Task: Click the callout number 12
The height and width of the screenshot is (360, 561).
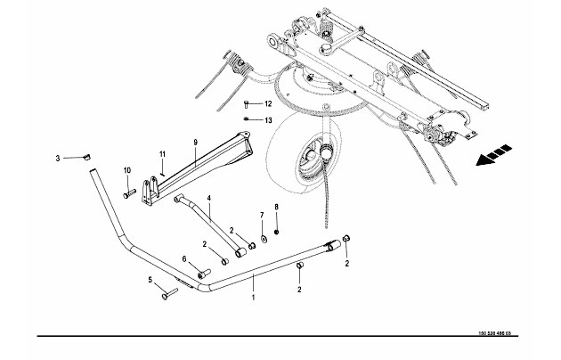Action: [x=268, y=103]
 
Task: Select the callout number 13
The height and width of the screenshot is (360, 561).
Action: [x=268, y=120]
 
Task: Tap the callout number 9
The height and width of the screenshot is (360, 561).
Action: [x=195, y=143]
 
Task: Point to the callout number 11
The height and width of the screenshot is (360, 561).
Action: [x=162, y=154]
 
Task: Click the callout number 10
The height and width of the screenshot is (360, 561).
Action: [x=127, y=170]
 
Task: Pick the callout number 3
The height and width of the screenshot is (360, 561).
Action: [x=58, y=159]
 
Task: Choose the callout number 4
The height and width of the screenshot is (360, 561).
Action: [x=209, y=198]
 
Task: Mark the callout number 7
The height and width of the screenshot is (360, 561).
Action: [x=262, y=215]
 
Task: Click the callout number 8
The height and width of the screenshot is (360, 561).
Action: [x=276, y=207]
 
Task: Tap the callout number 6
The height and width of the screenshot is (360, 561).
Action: [x=184, y=258]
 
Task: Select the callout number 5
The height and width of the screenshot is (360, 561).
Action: [x=150, y=280]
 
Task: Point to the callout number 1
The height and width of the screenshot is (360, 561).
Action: [x=253, y=298]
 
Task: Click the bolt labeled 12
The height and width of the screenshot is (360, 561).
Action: [x=246, y=104]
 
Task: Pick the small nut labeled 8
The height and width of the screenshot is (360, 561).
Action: [x=276, y=233]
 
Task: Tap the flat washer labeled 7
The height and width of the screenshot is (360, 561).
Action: [x=264, y=238]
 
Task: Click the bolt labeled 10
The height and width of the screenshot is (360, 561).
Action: [x=129, y=193]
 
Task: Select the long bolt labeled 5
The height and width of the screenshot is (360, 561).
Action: [x=169, y=293]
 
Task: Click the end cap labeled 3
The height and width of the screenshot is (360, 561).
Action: [x=86, y=157]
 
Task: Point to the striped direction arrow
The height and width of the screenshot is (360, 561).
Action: [x=493, y=155]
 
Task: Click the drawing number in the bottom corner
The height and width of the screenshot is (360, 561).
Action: [x=495, y=333]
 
